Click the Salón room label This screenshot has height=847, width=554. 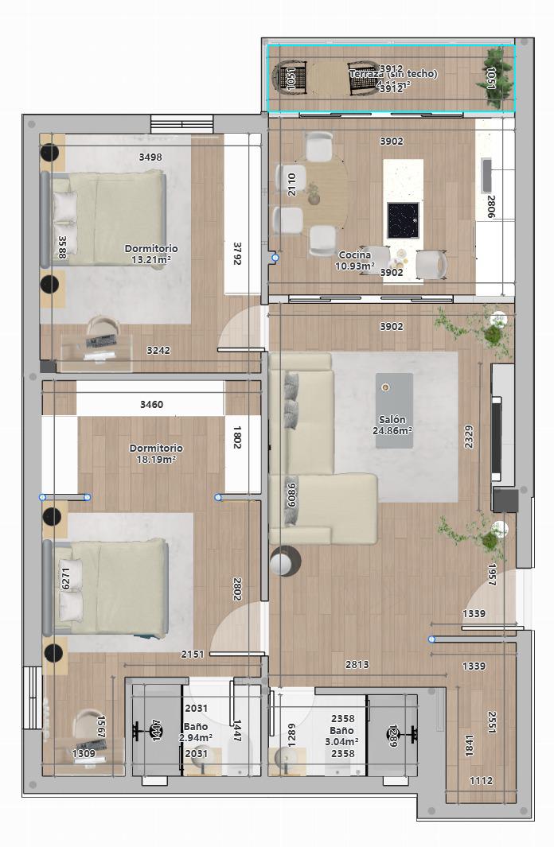[x=392, y=425]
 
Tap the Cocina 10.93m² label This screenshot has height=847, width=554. [x=355, y=260]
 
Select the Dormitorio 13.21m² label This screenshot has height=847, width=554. [x=151, y=254]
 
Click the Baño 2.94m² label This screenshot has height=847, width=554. [x=195, y=732]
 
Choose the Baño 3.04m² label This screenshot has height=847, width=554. [x=342, y=736]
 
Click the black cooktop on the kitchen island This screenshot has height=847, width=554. [x=403, y=220]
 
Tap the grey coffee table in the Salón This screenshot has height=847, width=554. [x=394, y=410]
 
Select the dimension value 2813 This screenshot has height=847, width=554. [x=356, y=665]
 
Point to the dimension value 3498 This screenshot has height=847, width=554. [x=150, y=157]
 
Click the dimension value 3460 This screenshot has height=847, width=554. [x=151, y=404]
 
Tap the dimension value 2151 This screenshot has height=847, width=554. [x=193, y=655]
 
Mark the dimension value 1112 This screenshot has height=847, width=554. [x=481, y=781]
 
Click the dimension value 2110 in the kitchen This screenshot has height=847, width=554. [x=291, y=185]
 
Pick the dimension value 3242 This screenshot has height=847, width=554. [x=158, y=350]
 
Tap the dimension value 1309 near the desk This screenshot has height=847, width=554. [x=84, y=753]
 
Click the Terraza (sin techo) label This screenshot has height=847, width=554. [x=392, y=74]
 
